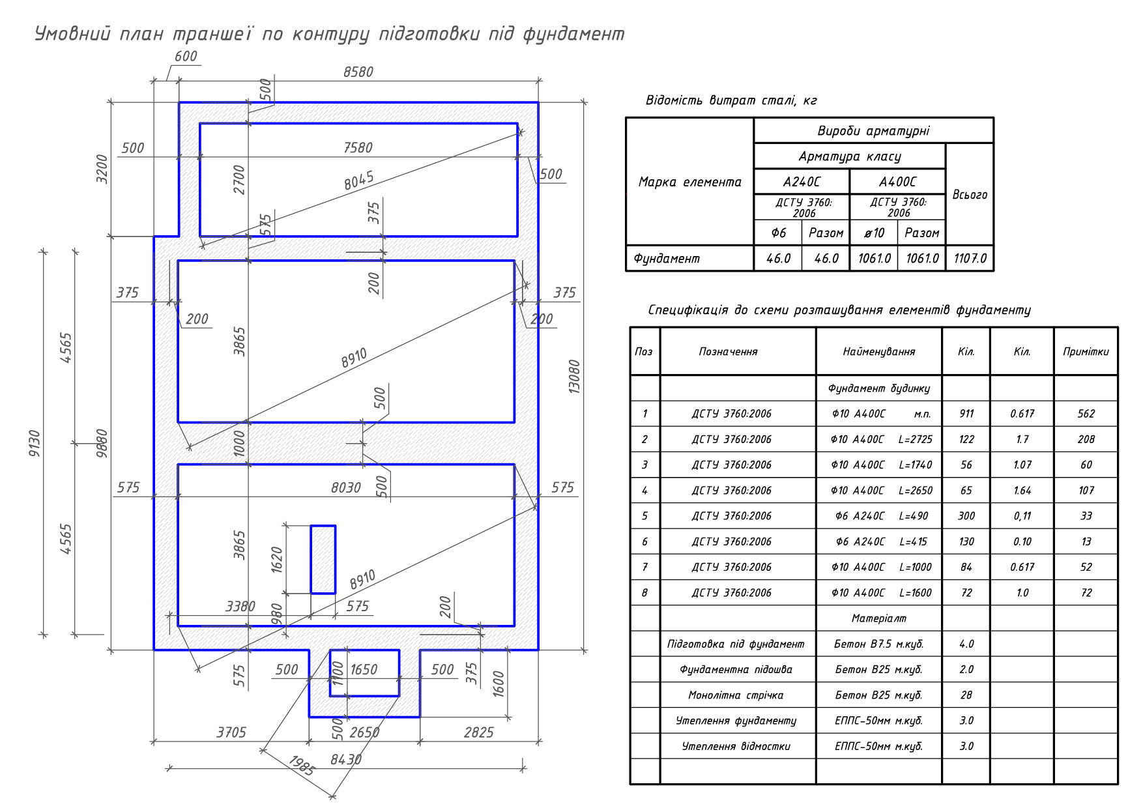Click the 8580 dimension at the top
coord(358,72)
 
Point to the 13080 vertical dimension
coord(574,376)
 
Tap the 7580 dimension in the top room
coord(358,148)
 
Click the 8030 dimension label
coord(346,487)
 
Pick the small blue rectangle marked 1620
coord(323,559)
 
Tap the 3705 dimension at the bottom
coord(231,732)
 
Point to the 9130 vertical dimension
coord(35,443)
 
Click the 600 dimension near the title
coord(186,56)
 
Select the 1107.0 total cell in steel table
coord(970,259)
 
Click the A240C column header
coord(802,182)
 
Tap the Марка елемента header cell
coord(690,182)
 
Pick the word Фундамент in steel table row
coord(667,259)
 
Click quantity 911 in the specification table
coord(966,414)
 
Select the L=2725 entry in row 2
coord(916,439)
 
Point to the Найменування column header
coord(879,352)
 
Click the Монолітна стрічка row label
coord(736,695)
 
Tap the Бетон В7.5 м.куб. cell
coord(879,644)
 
